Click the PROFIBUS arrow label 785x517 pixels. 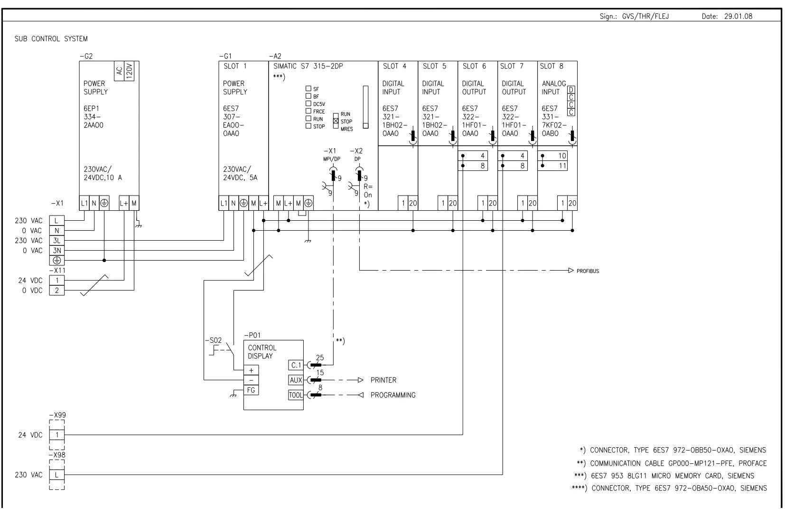click(x=588, y=271)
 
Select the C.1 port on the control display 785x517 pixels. click(x=296, y=365)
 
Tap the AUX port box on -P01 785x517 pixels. click(x=296, y=380)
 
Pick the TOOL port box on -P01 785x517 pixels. click(x=296, y=395)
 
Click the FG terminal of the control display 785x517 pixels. click(x=251, y=390)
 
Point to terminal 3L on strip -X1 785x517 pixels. click(x=57, y=241)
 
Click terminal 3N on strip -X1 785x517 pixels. click(x=57, y=251)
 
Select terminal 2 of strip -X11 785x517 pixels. click(x=57, y=291)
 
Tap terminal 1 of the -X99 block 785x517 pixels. click(x=57, y=434)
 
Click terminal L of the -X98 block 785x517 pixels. click(x=57, y=475)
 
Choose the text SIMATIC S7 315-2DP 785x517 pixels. click(x=308, y=66)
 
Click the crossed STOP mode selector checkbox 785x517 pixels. click(x=336, y=122)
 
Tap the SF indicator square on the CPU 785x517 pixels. click(x=308, y=89)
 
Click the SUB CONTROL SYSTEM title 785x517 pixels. click(x=51, y=39)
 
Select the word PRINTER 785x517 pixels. click(x=383, y=380)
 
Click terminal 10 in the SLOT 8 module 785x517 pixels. click(x=562, y=156)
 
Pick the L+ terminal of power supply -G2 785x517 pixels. click(x=124, y=204)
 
